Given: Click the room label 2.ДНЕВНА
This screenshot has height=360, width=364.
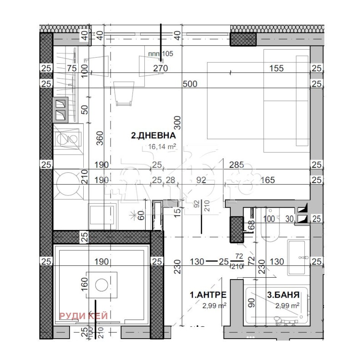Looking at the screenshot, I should pos(153,135).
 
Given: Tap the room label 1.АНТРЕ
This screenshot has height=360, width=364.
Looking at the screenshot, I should pos(208,295).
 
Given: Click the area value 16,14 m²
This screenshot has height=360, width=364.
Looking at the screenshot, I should pos(162,146).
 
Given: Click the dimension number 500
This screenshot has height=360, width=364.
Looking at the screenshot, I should pos(190,84).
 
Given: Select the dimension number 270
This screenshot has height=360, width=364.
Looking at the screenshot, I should pos(161,69).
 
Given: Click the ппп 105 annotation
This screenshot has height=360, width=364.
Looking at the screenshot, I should pos(161,54).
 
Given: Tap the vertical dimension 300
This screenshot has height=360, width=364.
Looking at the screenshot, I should pos(178,123).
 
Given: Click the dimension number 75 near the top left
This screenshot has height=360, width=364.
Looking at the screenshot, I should pos(71,69).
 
